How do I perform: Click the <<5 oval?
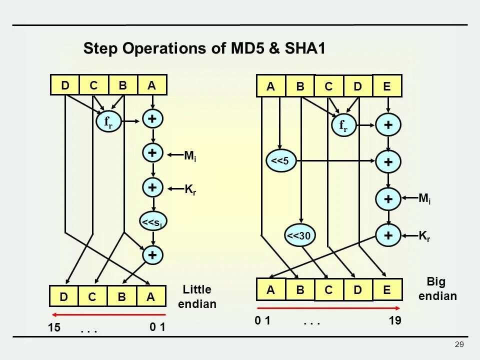click(282, 160)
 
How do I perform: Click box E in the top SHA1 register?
click(387, 86)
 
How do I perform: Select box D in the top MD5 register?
click(65, 85)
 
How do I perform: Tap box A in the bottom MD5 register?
click(150, 296)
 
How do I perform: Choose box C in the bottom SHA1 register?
click(329, 290)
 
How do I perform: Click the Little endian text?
click(197, 296)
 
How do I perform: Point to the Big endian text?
click(437, 288)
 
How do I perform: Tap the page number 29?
click(459, 344)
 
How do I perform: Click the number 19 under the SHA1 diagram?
click(394, 321)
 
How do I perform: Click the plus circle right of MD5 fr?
click(152, 119)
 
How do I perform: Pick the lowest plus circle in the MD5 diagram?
click(152, 255)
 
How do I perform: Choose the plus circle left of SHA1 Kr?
click(388, 235)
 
